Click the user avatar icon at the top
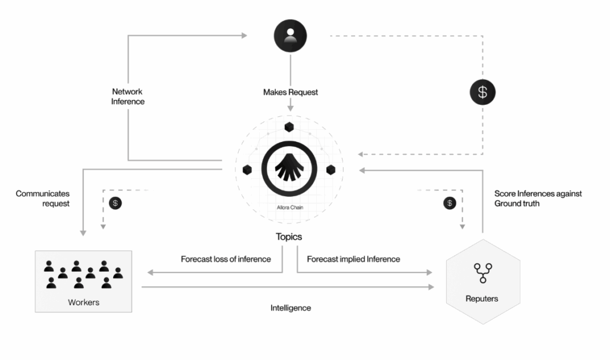point(290,36)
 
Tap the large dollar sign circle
point(483,92)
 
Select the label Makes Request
point(291,92)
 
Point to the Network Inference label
point(128,97)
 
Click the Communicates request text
point(43,198)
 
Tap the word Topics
point(289,237)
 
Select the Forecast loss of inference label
point(226,259)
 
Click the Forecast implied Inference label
point(353,259)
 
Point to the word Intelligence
point(291,308)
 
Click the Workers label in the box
point(83,302)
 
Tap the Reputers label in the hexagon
point(482,298)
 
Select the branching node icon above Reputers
point(481,274)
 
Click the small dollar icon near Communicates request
point(116,203)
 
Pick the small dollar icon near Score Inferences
point(450,203)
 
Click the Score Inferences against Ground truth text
point(538,198)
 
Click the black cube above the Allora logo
point(290,126)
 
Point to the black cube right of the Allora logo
point(331,170)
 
